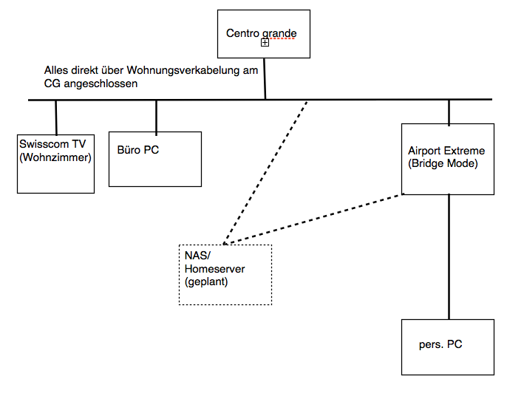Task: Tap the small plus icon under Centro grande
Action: coord(265,44)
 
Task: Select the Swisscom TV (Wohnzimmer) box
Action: coord(55,163)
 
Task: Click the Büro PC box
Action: coord(155,159)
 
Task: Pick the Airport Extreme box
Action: coord(448,158)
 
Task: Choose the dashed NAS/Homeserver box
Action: coord(225,274)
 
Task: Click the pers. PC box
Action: coord(447,346)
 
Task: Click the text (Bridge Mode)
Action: coord(443,163)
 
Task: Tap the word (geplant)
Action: coord(205,281)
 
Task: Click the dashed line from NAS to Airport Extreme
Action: coord(314,219)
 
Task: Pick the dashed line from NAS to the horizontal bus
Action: coord(266,170)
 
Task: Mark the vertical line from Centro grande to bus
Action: coord(265,78)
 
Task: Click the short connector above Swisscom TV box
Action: coord(56,117)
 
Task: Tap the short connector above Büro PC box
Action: coord(156,115)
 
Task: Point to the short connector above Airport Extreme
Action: coord(449,111)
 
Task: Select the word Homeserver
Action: coord(214,269)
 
